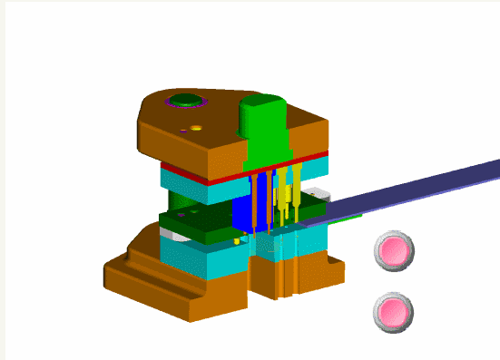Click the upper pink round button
[x=394, y=249]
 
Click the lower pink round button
[x=394, y=313]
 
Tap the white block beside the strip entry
[x=319, y=198]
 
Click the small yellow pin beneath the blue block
[x=237, y=241]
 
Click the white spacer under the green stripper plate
[x=172, y=234]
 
